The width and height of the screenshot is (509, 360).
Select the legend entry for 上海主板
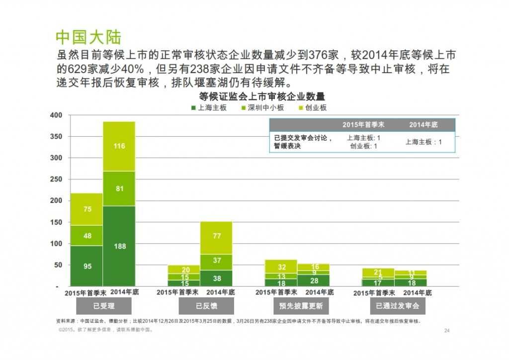tap(209, 107)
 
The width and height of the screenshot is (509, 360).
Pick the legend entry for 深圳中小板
tap(262, 107)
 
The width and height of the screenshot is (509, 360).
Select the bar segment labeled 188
tap(119, 246)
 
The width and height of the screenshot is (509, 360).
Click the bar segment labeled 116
tap(119, 146)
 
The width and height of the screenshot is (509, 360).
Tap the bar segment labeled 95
tap(87, 266)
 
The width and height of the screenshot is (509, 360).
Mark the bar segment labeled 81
tap(119, 188)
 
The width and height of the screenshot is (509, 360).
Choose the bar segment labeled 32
tap(281, 267)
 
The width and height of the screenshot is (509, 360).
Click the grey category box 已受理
tap(103, 306)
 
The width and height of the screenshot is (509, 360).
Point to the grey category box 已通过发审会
tap(397, 306)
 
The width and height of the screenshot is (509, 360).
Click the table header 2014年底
tap(423, 125)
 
